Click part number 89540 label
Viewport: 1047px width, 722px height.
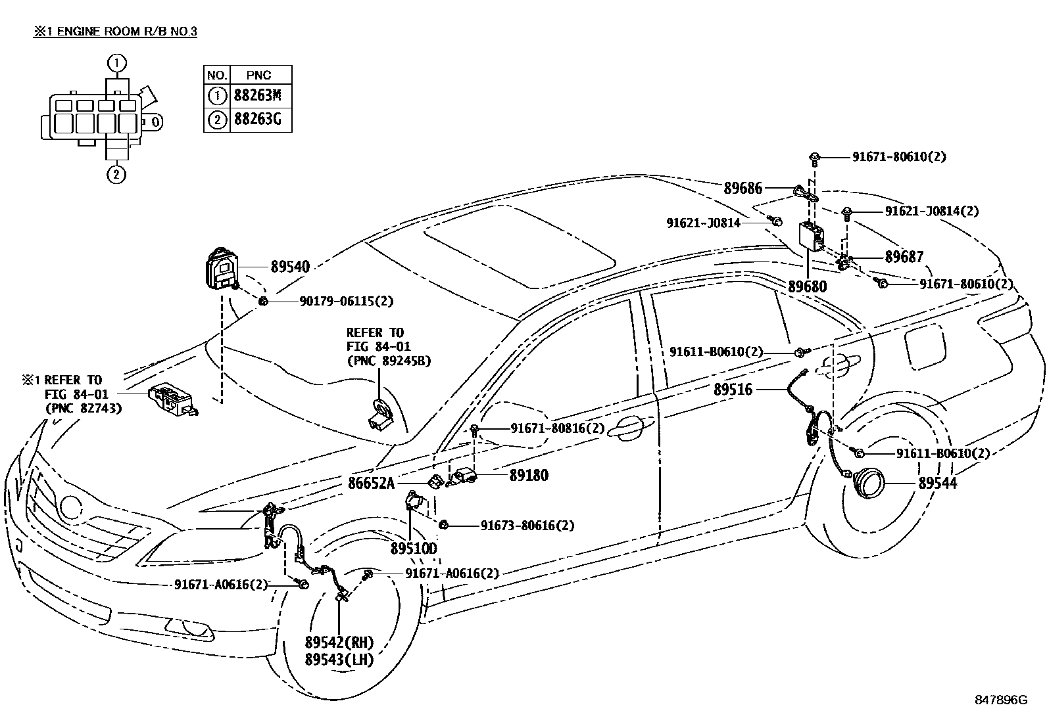pyautogui.click(x=289, y=267)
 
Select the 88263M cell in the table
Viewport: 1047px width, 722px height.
pyautogui.click(x=258, y=96)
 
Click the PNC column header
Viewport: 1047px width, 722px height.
pyautogui.click(x=258, y=75)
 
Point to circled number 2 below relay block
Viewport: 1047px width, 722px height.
pyautogui.click(x=116, y=174)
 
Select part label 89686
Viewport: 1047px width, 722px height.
pyautogui.click(x=743, y=189)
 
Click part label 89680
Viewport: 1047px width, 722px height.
pyautogui.click(x=807, y=287)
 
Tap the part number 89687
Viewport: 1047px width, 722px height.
pyautogui.click(x=904, y=258)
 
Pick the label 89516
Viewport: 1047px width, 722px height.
pyautogui.click(x=733, y=390)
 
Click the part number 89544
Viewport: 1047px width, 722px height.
pyautogui.click(x=937, y=484)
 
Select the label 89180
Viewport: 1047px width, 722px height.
pyautogui.click(x=528, y=475)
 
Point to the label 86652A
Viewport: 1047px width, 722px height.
pyautogui.click(x=371, y=484)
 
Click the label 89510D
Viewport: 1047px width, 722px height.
pyautogui.click(x=414, y=548)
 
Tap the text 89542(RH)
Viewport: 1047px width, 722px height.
pyautogui.click(x=339, y=642)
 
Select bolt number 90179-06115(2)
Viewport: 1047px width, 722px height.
pyautogui.click(x=346, y=301)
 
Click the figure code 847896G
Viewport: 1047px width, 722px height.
pyautogui.click(x=1000, y=700)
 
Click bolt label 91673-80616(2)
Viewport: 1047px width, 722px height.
pyautogui.click(x=527, y=526)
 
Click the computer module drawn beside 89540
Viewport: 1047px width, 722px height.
pyautogui.click(x=218, y=269)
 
